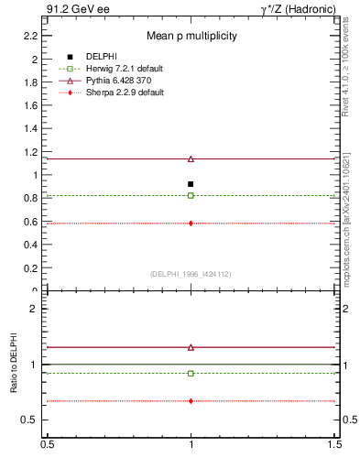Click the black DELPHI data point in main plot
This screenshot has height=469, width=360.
point(191,184)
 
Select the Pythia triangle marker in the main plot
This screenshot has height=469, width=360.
point(191,158)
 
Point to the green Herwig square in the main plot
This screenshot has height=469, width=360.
point(191,195)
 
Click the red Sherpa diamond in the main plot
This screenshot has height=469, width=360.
point(191,223)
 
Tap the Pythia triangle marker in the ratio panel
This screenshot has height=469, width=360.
point(191,347)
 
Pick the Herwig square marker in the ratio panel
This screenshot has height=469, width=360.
point(191,373)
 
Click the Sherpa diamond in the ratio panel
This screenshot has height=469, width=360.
point(191,400)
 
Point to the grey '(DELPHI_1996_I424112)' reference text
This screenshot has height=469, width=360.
point(191,274)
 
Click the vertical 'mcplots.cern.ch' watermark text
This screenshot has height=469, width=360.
point(349,248)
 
